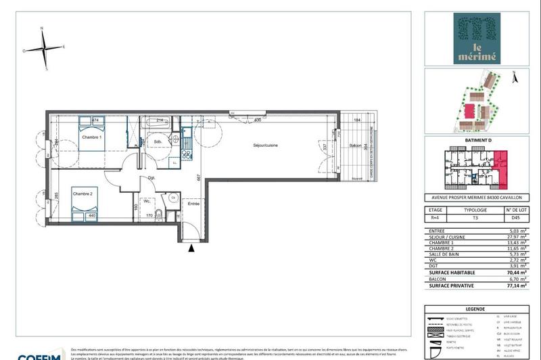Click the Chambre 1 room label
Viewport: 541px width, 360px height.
[91, 138]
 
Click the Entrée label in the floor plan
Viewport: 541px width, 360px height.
[194, 203]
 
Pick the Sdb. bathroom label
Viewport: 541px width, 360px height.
[157, 142]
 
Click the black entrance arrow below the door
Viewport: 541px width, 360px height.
[192, 248]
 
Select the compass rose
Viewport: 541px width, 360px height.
[43, 48]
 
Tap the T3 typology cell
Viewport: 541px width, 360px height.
[474, 219]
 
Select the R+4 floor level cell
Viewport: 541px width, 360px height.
[436, 219]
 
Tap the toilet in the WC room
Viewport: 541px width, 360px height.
[158, 216]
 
